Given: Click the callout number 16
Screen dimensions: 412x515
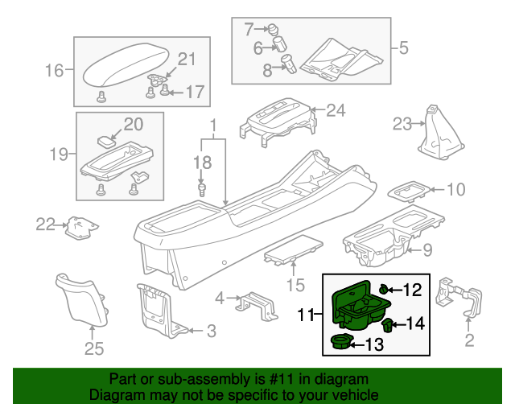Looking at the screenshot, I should (54, 72).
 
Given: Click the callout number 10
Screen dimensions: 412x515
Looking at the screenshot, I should (455, 190).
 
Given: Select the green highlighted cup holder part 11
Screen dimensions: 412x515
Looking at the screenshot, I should (357, 306).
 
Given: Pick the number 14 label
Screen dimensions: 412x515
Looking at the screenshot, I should (414, 323).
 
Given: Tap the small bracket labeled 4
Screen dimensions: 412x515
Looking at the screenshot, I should (251, 305).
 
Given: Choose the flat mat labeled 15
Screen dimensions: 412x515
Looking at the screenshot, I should (294, 252).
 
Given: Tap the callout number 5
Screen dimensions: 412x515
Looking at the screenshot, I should (404, 47).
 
